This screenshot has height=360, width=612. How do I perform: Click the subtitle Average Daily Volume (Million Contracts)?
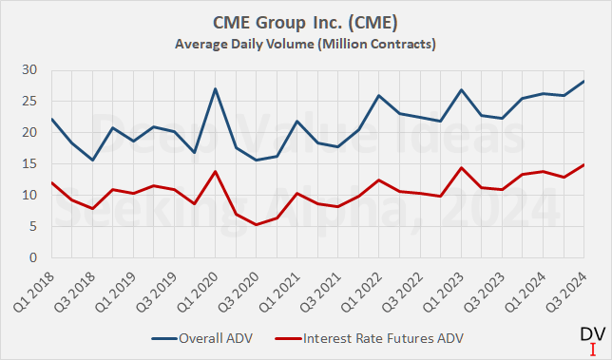click(x=306, y=44)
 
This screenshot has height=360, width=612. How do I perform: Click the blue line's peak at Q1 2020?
click(x=216, y=89)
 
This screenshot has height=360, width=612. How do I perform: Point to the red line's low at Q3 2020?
click(x=257, y=224)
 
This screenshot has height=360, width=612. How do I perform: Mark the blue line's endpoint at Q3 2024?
click(x=584, y=82)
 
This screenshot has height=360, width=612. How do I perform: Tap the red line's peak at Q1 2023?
click(x=462, y=168)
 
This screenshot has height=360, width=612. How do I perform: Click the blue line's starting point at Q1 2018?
click(x=52, y=120)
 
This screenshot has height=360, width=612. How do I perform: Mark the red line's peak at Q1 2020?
click(x=216, y=172)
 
